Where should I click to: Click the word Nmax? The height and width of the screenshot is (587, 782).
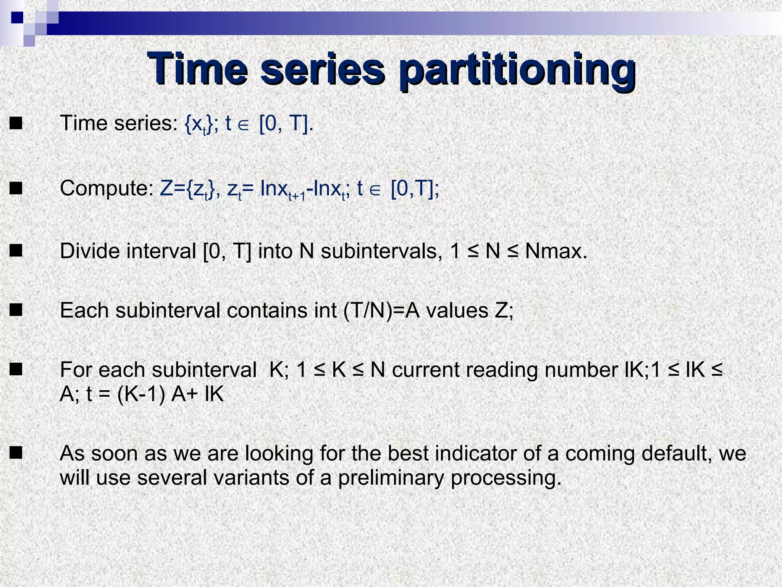[556, 251]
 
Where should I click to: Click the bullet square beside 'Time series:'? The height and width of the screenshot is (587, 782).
[16, 124]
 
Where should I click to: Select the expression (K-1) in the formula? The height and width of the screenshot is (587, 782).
[141, 394]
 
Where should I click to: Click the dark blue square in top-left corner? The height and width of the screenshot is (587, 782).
[17, 17]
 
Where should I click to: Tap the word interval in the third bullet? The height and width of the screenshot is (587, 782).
[161, 251]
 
